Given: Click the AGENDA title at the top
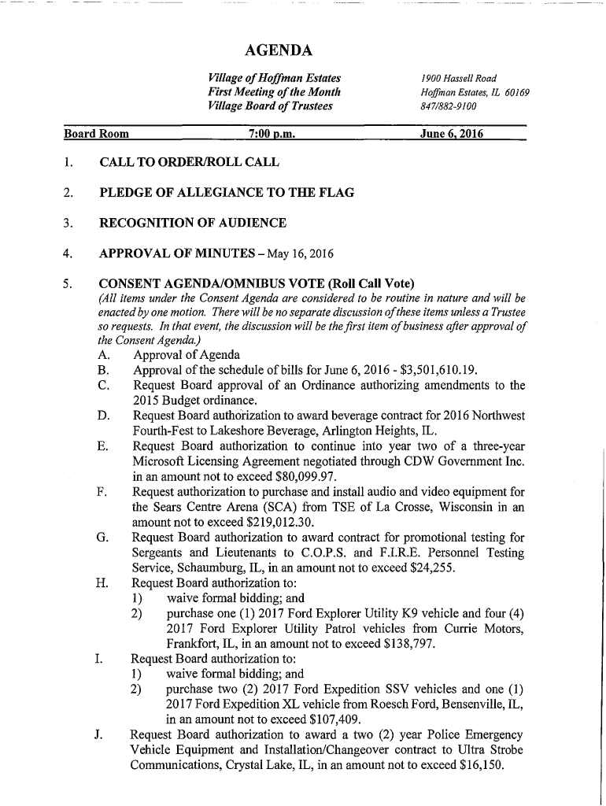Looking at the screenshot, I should [279, 51].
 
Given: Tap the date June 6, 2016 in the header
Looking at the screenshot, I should [451, 135].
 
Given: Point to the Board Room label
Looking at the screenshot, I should [97, 135].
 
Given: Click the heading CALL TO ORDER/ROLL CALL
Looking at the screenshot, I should [188, 163].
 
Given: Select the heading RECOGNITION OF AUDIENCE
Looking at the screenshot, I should [192, 223].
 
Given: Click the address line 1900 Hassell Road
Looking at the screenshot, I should [458, 78].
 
